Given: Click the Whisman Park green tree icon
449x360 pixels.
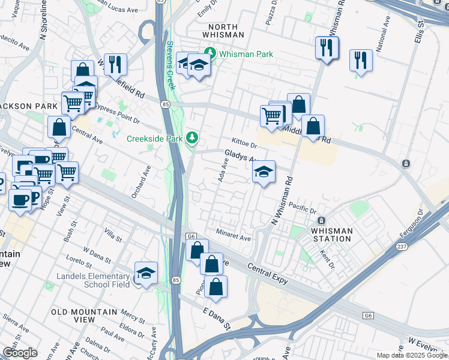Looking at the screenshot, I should (210, 53).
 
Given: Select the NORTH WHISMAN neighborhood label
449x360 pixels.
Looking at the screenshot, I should (226, 31).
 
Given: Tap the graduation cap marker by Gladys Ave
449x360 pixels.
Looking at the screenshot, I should (263, 173).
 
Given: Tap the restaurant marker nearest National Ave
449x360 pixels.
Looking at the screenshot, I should (361, 61).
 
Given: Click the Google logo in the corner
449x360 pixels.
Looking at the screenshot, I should (19, 353).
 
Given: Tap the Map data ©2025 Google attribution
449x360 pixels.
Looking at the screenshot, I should (412, 355).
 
